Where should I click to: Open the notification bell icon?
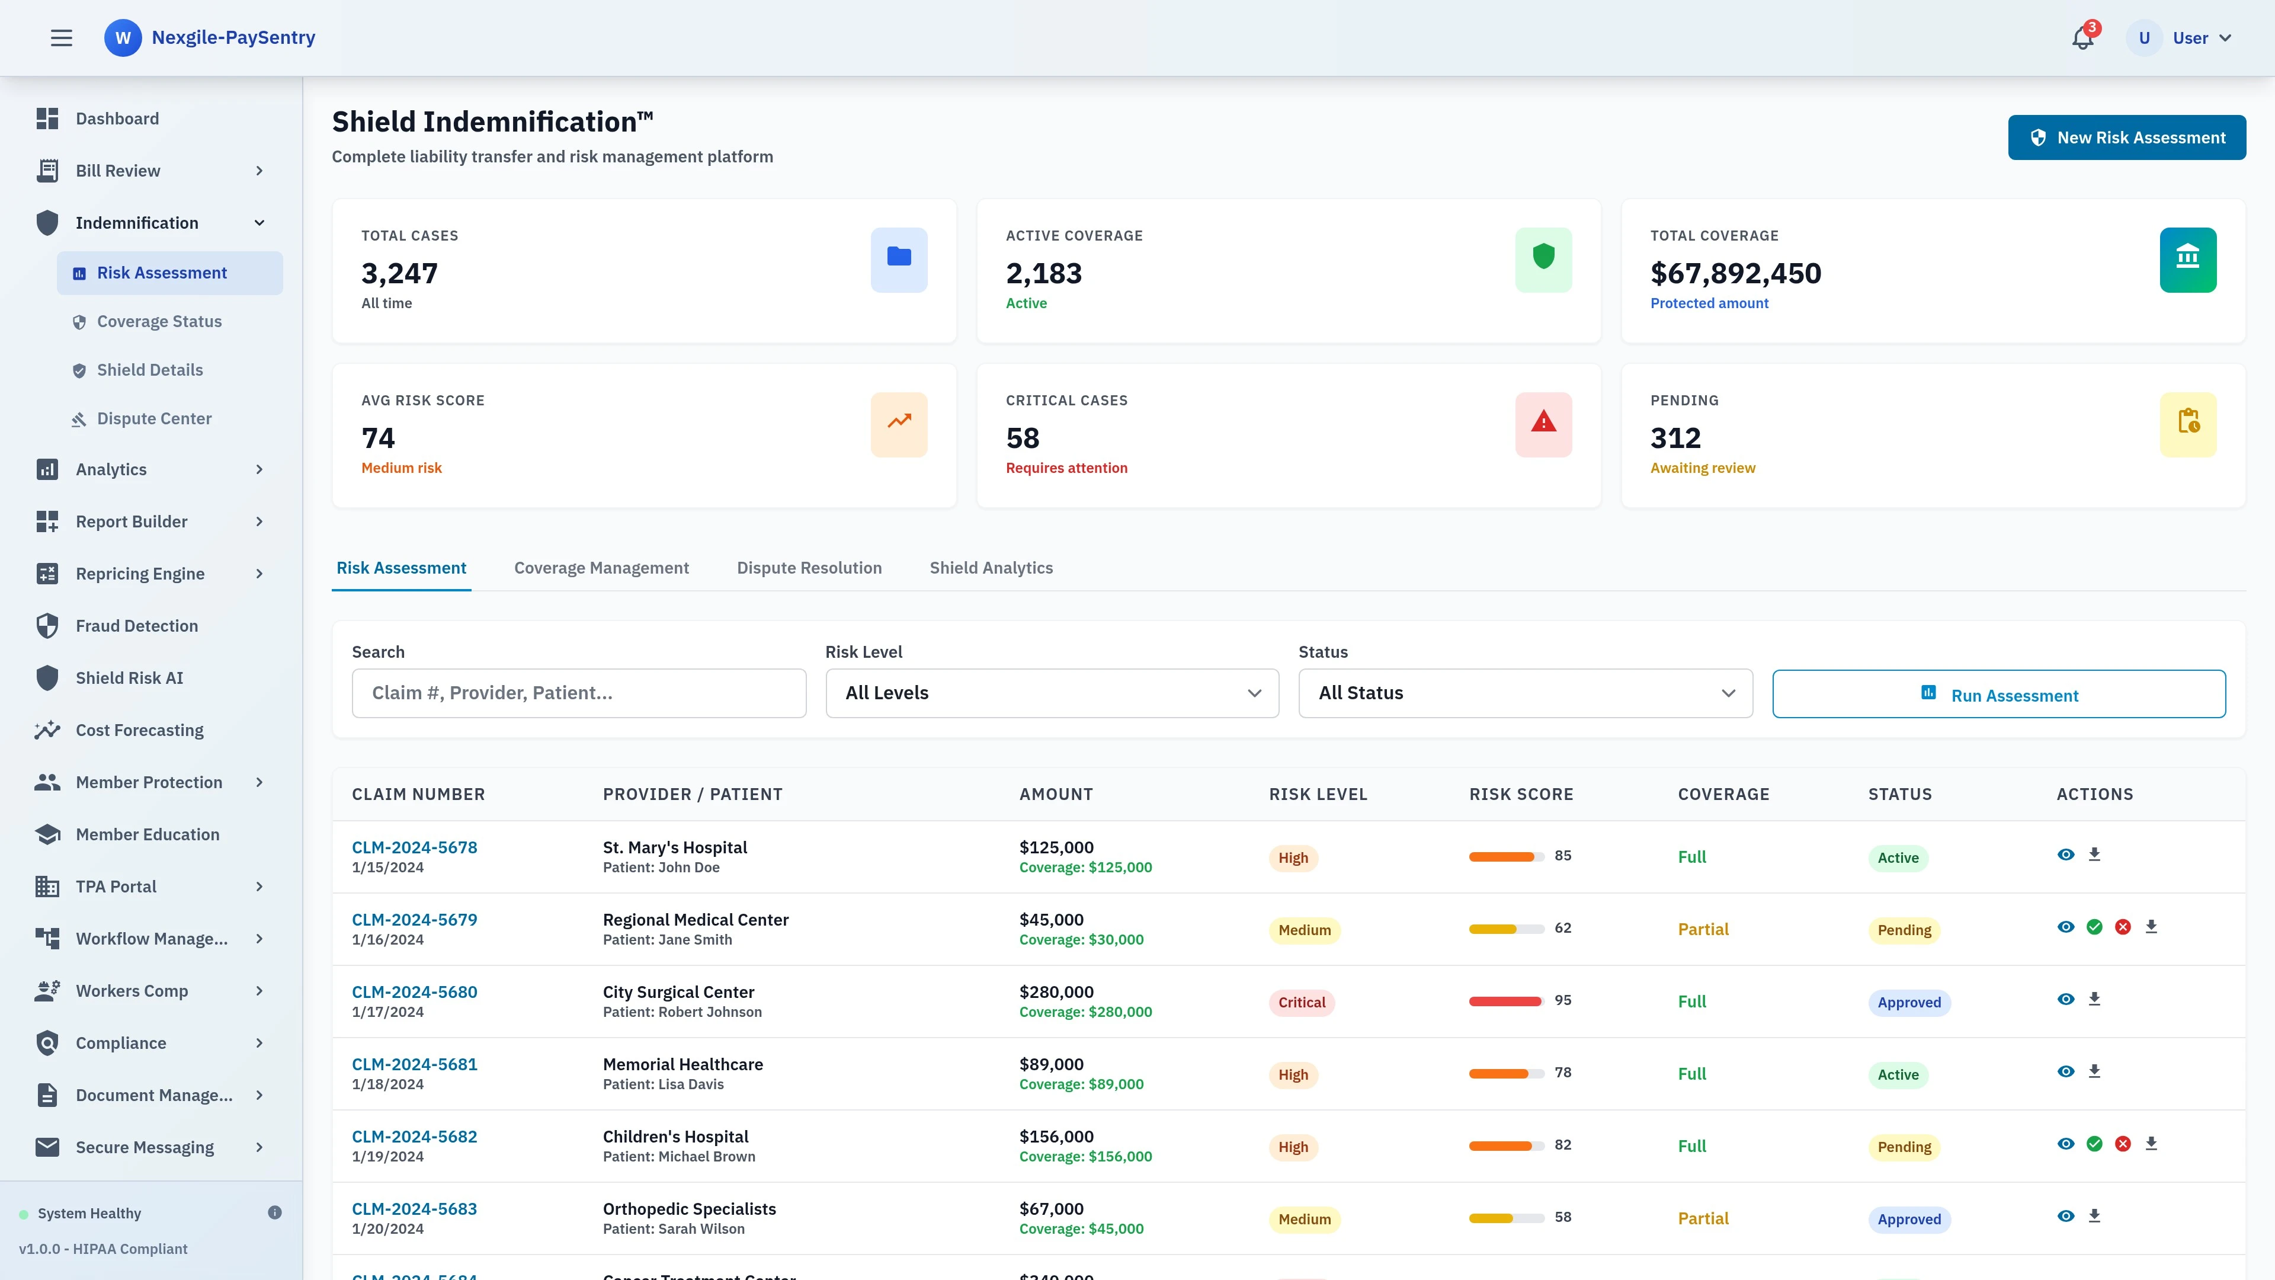[x=2082, y=38]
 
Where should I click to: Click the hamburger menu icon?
[x=61, y=38]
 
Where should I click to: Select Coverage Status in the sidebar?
[x=159, y=322]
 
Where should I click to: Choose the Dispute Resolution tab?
[x=808, y=568]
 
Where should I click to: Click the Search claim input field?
[x=578, y=693]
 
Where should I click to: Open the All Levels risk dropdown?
[x=1051, y=693]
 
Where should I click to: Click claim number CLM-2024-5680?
[x=414, y=992]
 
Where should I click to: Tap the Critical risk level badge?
[x=1301, y=1003]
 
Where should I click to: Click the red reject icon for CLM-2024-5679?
[x=2122, y=927]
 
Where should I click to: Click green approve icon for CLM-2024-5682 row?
[x=2094, y=1144]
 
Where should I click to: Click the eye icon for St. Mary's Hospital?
[x=2065, y=854]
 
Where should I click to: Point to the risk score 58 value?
[x=1562, y=1217]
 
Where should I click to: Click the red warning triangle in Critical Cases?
[x=1543, y=423]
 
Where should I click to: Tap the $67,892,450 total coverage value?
[x=1735, y=274]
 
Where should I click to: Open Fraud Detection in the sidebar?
[x=136, y=626]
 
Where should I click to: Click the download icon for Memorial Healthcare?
[x=2093, y=1071]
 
